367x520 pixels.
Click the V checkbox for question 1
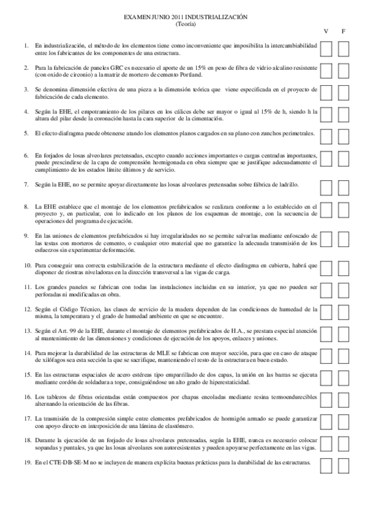tap(327, 49)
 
